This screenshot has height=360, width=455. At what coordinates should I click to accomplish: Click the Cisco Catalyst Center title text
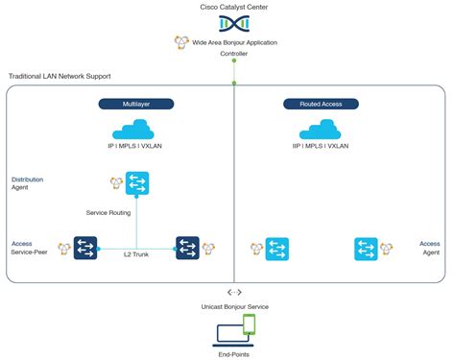[234, 7]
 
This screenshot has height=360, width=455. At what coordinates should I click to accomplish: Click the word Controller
[234, 55]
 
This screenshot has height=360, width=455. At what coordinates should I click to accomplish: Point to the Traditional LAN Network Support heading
[60, 76]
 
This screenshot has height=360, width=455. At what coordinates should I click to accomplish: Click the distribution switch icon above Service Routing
[137, 182]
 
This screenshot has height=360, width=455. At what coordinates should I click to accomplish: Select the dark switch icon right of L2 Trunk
[187, 249]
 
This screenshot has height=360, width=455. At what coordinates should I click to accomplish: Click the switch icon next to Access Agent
[366, 249]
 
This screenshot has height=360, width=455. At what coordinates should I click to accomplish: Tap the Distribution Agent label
[27, 183]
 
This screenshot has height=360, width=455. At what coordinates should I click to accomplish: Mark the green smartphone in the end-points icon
[249, 324]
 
